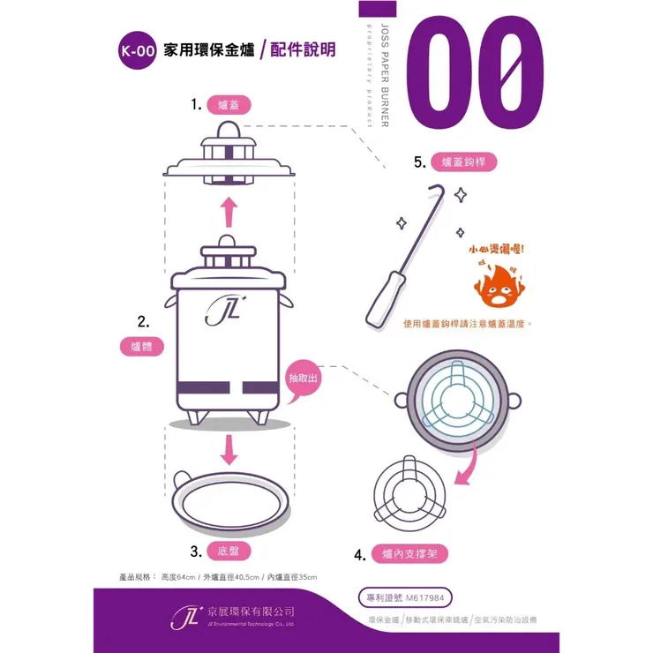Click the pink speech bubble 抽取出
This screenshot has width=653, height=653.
(x=304, y=378)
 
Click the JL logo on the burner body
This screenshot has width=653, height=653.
(x=220, y=309)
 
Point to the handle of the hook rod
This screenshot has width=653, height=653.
(x=380, y=304)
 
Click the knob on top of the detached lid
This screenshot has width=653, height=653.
(x=229, y=131)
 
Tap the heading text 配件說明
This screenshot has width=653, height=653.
(x=302, y=50)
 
